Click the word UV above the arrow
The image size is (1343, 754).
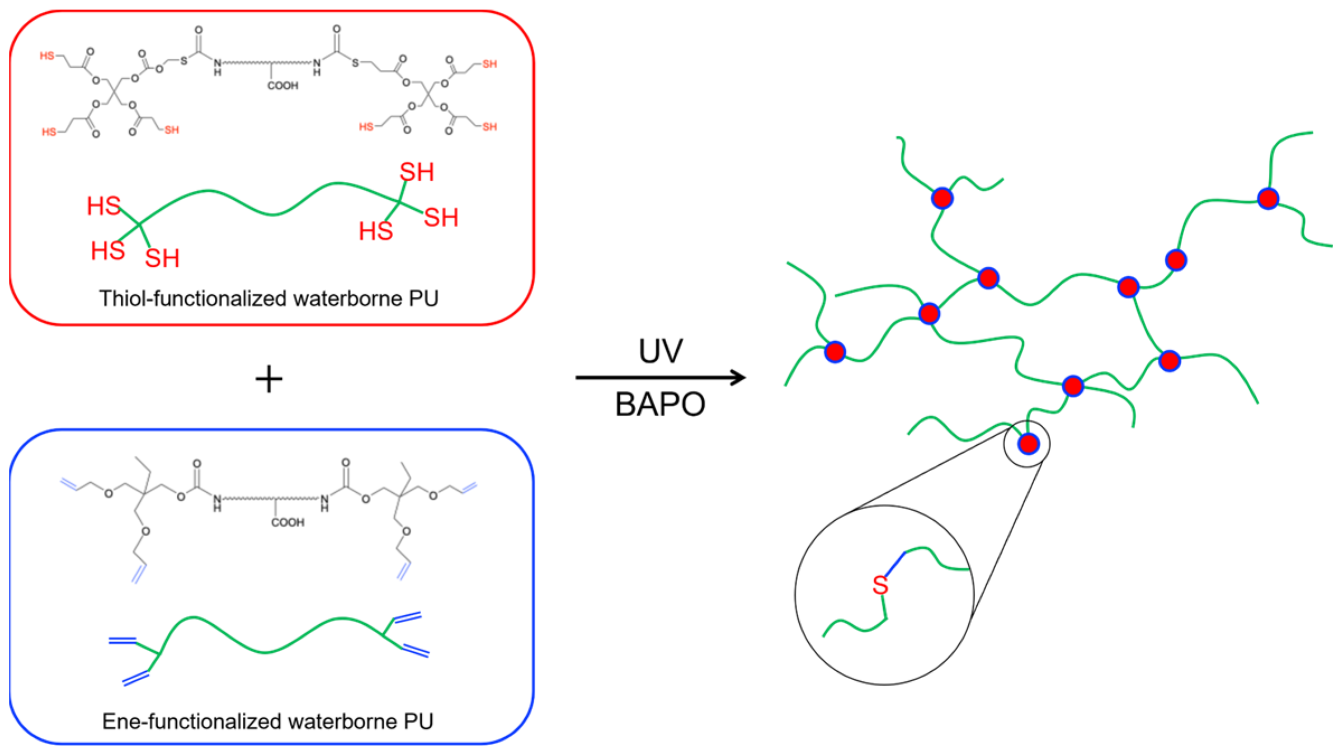pyautogui.click(x=661, y=351)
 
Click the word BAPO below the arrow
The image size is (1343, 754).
pyautogui.click(x=660, y=404)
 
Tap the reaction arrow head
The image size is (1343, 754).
pyautogui.click(x=738, y=378)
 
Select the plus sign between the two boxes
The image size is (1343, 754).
pyautogui.click(x=269, y=379)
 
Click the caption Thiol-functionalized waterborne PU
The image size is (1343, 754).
pyautogui.click(x=268, y=299)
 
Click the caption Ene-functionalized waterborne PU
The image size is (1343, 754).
pyautogui.click(x=268, y=722)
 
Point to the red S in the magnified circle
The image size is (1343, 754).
pyautogui.click(x=880, y=586)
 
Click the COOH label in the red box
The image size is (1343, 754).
pyautogui.click(x=283, y=86)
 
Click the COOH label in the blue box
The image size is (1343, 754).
pyautogui.click(x=288, y=522)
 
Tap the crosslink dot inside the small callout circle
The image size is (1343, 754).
pyautogui.click(x=1028, y=444)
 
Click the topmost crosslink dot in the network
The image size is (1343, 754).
pyautogui.click(x=943, y=198)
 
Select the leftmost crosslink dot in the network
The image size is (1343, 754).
pyautogui.click(x=835, y=352)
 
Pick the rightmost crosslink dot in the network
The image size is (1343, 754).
pyautogui.click(x=1268, y=198)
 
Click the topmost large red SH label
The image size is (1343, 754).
pyautogui.click(x=417, y=172)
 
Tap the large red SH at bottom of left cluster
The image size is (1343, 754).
pyautogui.click(x=162, y=258)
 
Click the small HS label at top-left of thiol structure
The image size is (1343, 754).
pyautogui.click(x=47, y=55)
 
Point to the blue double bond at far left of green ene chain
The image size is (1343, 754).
pyautogui.click(x=122, y=641)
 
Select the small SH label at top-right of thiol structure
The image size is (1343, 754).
pyautogui.click(x=489, y=64)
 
